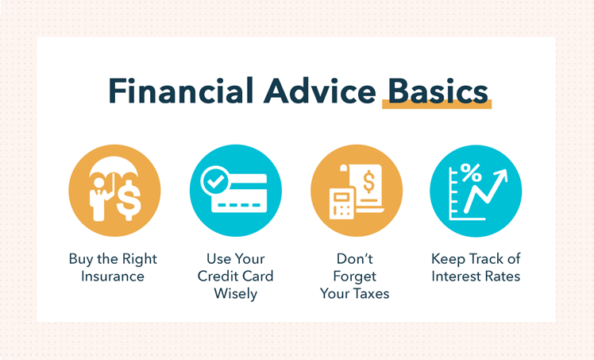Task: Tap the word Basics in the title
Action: click(x=437, y=92)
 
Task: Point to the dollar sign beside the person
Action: click(x=128, y=201)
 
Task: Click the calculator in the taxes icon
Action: click(x=342, y=205)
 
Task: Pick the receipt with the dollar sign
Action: click(x=367, y=187)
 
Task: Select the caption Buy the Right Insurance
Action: click(x=113, y=268)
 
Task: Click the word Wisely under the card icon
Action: click(x=235, y=293)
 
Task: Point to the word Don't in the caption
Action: click(x=354, y=259)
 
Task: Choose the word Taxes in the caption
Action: click(x=372, y=293)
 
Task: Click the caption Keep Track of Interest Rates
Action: click(x=476, y=268)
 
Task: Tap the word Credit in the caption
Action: click(x=219, y=277)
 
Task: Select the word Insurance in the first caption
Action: click(x=113, y=277)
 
